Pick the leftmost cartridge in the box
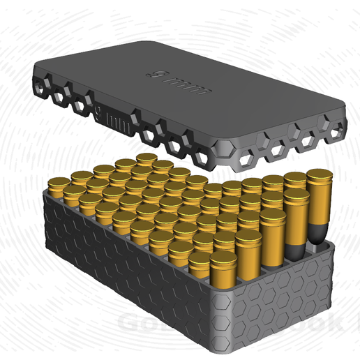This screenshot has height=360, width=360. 57,186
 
